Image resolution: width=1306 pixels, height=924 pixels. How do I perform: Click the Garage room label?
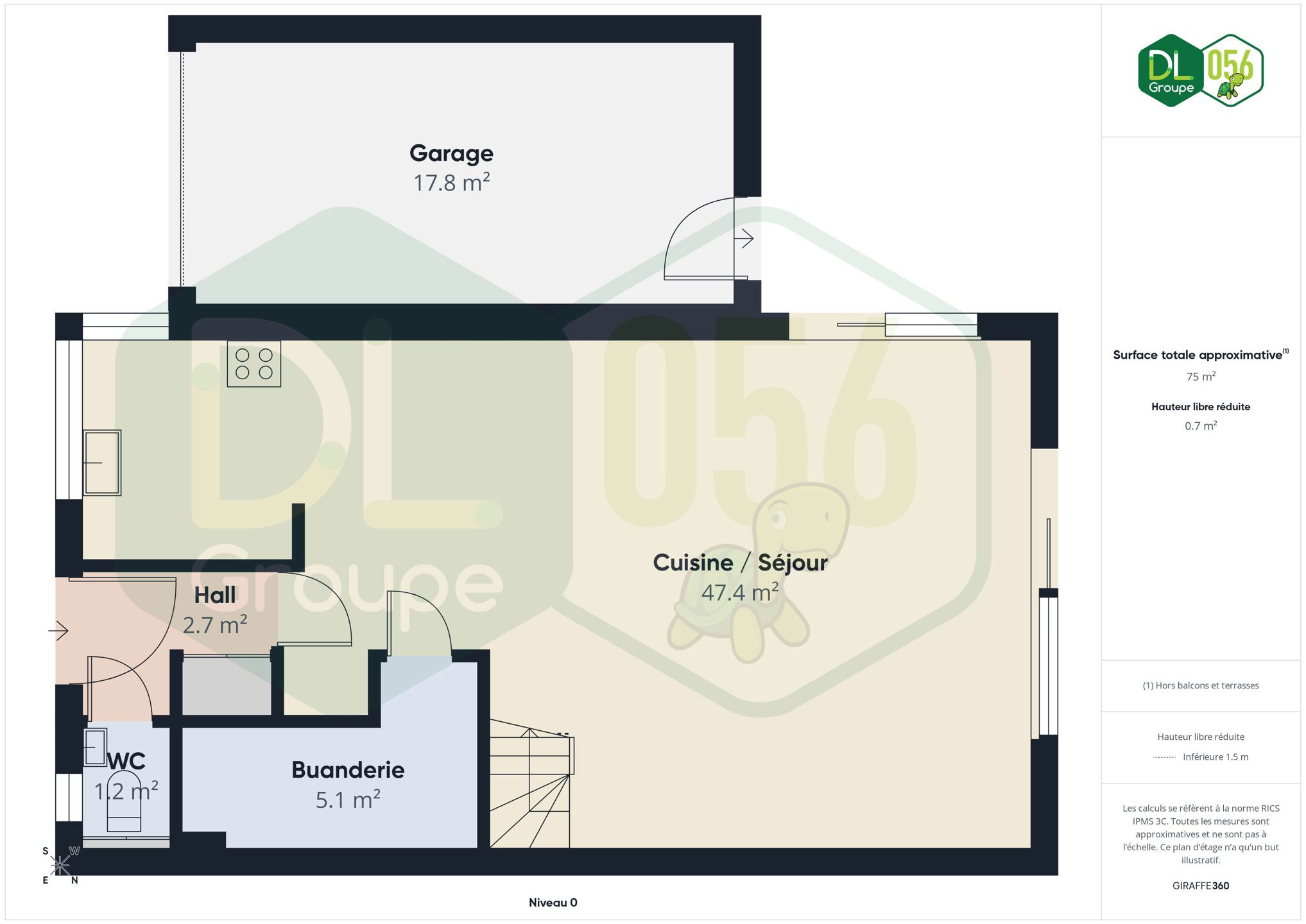(x=451, y=154)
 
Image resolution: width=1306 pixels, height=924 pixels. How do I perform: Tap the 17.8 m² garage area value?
(x=451, y=183)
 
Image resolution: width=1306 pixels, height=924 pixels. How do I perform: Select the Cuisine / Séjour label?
(x=740, y=563)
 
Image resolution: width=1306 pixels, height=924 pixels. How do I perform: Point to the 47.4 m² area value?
(x=740, y=592)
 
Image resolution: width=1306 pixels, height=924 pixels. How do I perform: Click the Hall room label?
(x=215, y=595)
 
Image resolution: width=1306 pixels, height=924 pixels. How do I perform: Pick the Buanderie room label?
(x=348, y=770)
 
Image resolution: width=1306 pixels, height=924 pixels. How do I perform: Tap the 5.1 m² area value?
(x=348, y=800)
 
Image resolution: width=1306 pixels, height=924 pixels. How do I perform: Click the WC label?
(x=126, y=762)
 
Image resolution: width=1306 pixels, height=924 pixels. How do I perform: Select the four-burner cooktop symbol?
(x=254, y=364)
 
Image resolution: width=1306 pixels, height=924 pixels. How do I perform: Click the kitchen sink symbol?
(x=102, y=463)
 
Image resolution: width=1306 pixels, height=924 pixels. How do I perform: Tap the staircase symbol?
(x=531, y=789)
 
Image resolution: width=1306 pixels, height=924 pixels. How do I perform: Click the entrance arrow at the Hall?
(x=58, y=631)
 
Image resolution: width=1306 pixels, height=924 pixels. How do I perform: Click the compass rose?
(x=60, y=866)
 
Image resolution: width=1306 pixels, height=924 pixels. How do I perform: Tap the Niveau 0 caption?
(x=553, y=903)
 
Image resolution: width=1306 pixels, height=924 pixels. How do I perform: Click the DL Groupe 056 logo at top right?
(x=1201, y=71)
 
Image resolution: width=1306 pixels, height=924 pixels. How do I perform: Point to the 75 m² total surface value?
(x=1201, y=377)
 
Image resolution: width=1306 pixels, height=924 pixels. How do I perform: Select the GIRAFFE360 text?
(x=1201, y=886)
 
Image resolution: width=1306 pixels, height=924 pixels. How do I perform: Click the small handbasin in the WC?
(x=96, y=748)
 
